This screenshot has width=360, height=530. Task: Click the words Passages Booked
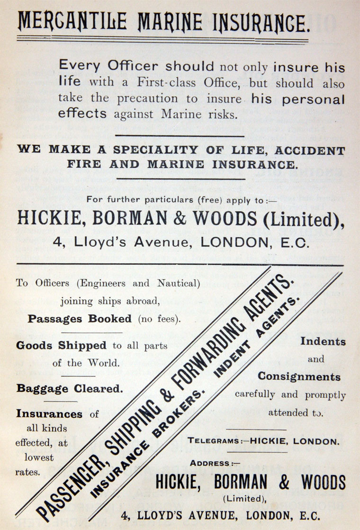(x=80, y=319)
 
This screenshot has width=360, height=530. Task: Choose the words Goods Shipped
(x=63, y=345)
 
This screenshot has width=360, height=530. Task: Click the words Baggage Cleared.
(x=70, y=388)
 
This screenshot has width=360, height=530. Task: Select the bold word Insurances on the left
(x=49, y=413)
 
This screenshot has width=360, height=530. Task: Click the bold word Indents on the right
(x=323, y=341)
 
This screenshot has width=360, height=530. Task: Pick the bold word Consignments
(x=299, y=377)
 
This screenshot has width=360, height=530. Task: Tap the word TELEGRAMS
(x=214, y=441)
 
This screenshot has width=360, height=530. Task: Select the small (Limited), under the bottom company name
(x=243, y=498)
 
